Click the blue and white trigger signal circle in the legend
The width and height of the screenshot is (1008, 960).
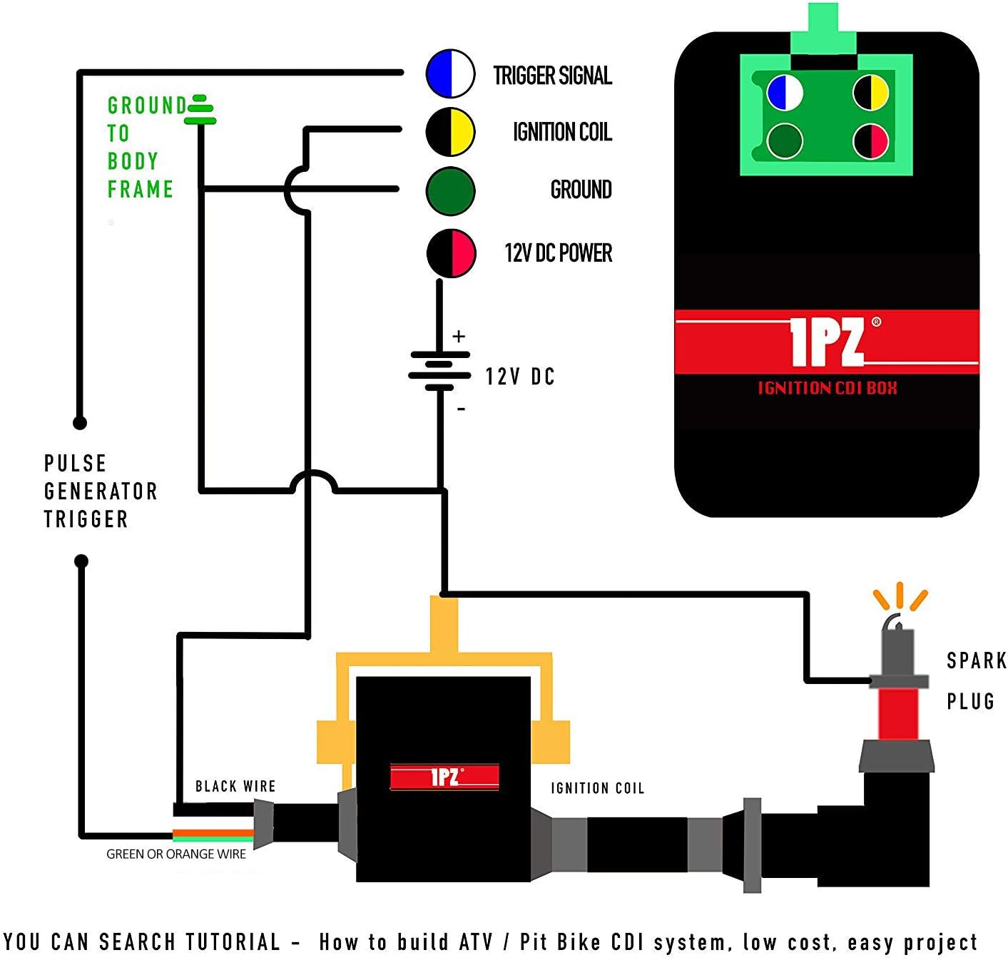point(450,73)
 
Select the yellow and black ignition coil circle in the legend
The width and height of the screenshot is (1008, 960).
point(450,132)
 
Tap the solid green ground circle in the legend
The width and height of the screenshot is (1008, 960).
point(450,190)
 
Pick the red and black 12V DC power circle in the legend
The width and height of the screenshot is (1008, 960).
point(451,253)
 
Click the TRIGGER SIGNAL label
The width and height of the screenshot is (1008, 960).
point(552,76)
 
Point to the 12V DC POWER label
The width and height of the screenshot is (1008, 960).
point(558,253)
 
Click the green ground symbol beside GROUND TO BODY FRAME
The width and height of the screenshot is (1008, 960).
point(199,110)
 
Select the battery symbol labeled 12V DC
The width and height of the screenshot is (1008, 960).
point(439,371)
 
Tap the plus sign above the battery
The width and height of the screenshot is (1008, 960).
point(459,336)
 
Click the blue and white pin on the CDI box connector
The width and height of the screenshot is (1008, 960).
point(785,93)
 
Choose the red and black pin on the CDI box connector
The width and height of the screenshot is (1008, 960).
point(871,141)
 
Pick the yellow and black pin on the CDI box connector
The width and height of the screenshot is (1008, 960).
point(871,93)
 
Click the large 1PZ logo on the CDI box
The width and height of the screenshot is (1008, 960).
point(827,342)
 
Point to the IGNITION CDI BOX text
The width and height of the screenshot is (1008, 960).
point(827,388)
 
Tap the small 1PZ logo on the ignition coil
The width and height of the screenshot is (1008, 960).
point(444,777)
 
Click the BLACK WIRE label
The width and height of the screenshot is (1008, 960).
point(235,786)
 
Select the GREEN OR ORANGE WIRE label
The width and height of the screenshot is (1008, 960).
point(176,854)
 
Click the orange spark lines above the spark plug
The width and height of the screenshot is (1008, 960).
point(900,598)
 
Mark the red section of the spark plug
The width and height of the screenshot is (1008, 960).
point(897,713)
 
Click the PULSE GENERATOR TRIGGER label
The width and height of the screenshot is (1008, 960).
point(100,491)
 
